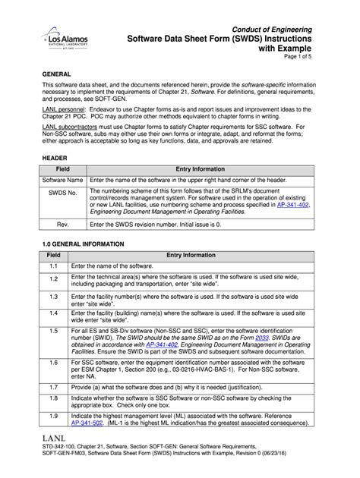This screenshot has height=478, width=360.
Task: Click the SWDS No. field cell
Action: pos(64,193)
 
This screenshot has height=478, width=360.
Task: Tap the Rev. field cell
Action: pos(64,225)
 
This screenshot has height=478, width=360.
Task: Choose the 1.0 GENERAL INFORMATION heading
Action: pos(86,244)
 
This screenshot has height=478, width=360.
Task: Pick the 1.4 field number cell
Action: pos(55,313)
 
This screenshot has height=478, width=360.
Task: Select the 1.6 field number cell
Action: pos(55,364)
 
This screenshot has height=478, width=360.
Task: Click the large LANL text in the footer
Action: pos(57,439)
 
